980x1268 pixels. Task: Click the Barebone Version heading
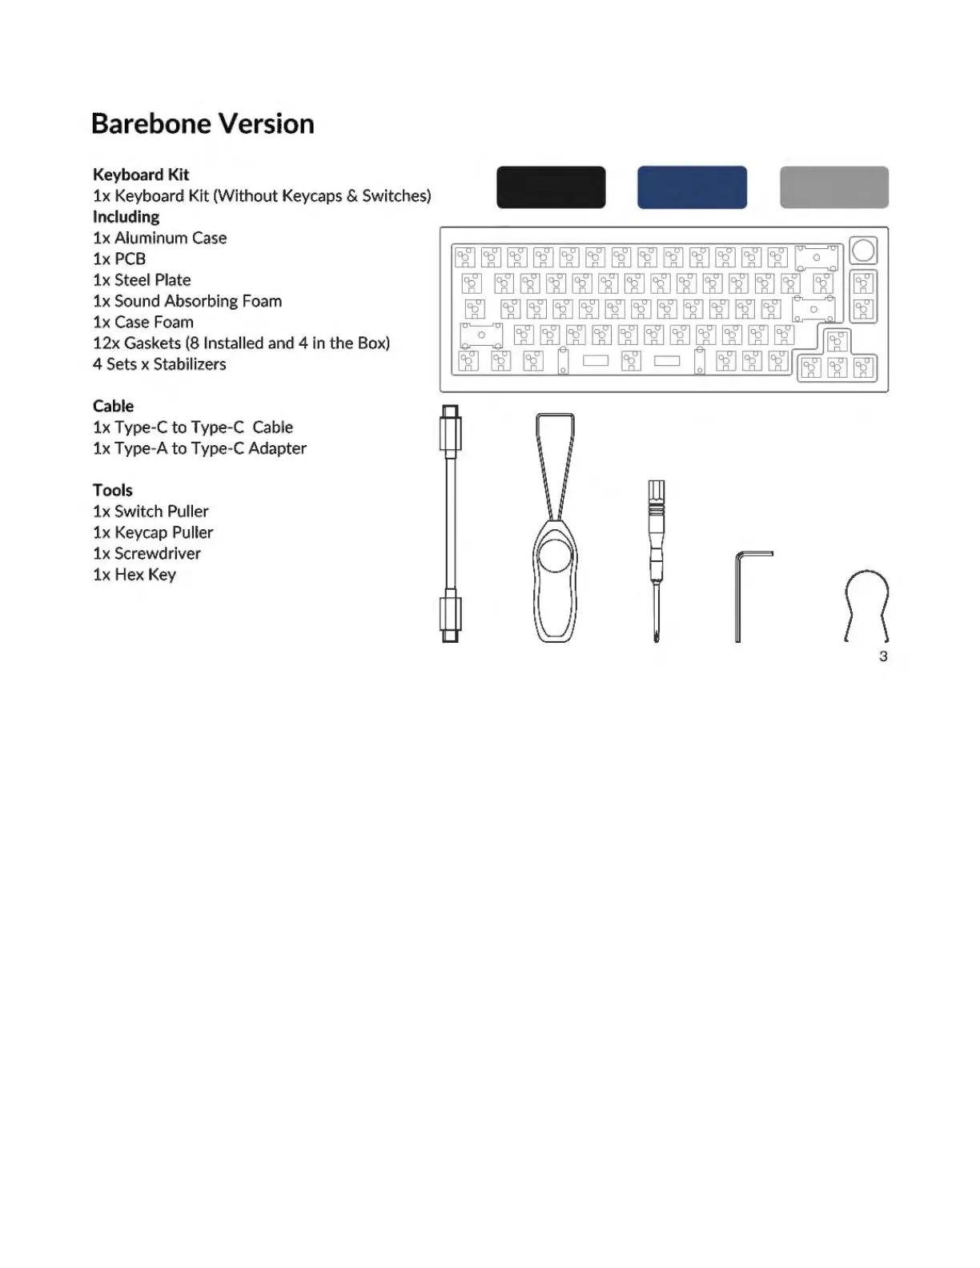coord(203,124)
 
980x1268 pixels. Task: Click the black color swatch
coord(551,187)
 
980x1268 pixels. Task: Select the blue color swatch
coord(692,187)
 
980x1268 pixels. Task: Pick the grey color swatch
coord(833,187)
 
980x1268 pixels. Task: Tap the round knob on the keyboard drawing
coord(863,251)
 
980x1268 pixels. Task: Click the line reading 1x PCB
coord(119,259)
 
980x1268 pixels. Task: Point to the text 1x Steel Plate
coord(142,280)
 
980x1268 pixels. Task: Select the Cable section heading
coord(113,406)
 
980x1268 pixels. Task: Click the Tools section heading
coord(112,490)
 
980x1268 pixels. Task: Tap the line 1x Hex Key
coord(135,575)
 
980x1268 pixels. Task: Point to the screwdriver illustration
coord(657,560)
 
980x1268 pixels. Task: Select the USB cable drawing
coord(451,524)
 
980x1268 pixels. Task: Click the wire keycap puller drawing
coord(866,604)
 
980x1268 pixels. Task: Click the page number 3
coord(883,656)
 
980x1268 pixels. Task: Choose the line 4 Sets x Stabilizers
coord(159,364)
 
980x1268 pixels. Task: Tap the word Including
coord(126,217)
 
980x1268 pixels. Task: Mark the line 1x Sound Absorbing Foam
coord(187,301)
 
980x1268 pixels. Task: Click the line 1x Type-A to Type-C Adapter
coord(199,448)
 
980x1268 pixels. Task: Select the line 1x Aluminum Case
coord(159,238)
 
